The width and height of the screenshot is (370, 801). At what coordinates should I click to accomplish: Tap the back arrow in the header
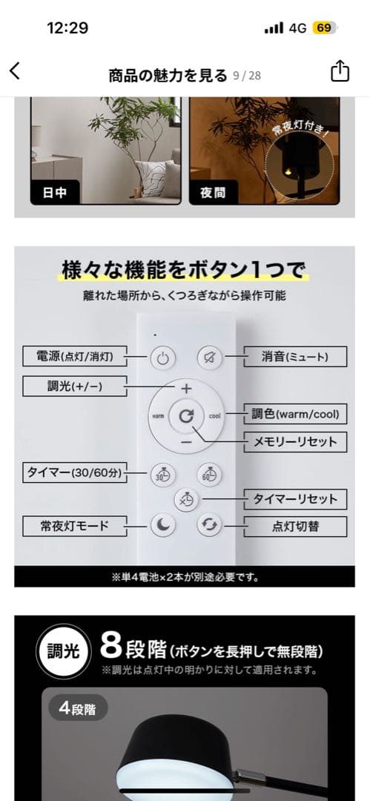15,71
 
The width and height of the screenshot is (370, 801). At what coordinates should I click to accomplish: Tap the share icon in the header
340,71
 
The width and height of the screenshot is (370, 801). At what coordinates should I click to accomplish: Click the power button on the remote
162,359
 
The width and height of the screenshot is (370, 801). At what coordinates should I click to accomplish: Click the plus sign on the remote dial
186,389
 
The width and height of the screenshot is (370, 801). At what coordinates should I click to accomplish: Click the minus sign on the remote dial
186,441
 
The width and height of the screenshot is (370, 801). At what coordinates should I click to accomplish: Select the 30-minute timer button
162,475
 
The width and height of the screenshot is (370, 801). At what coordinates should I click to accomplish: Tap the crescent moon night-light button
162,524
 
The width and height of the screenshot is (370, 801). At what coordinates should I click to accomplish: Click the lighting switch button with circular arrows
210,524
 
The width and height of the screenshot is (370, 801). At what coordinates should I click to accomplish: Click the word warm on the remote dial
157,416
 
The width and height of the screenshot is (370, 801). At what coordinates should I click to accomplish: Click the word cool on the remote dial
215,416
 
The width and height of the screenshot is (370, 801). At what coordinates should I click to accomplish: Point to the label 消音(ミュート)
295,357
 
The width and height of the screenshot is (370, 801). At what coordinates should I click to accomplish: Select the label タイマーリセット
295,499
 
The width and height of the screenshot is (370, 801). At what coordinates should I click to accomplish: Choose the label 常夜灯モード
75,526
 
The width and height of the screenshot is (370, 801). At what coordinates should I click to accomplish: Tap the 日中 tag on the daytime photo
54,193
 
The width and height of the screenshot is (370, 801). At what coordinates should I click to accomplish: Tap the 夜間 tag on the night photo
213,193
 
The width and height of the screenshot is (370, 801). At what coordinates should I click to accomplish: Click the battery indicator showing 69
325,28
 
